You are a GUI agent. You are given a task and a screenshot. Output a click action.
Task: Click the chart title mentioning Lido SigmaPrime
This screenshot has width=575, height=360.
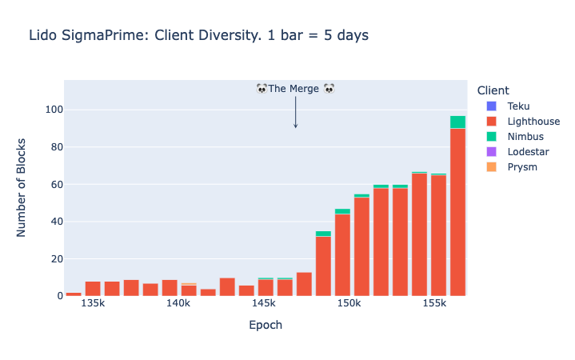[198, 35]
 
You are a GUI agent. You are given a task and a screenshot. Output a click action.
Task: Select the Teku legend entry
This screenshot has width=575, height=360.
[518, 106]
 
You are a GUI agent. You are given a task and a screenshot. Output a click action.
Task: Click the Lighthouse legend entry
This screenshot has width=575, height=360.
[533, 122]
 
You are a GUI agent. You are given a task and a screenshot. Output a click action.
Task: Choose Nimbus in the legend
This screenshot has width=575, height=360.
[525, 137]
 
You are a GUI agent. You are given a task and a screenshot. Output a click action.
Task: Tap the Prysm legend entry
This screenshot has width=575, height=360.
[522, 167]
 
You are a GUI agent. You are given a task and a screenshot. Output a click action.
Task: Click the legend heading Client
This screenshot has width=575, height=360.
[492, 90]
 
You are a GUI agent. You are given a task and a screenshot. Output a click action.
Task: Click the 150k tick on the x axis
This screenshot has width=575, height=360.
[349, 305]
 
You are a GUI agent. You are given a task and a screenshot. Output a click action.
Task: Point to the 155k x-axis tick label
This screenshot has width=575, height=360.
[434, 305]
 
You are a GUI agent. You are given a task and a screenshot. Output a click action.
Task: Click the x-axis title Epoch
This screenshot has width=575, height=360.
[266, 326]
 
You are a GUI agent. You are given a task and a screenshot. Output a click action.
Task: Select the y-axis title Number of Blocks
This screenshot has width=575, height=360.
[22, 187]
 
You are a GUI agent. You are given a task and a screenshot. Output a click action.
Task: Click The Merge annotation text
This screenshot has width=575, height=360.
[294, 89]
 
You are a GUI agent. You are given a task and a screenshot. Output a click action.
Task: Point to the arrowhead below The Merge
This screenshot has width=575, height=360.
[296, 126]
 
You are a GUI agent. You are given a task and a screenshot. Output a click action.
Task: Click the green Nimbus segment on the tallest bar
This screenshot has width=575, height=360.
[457, 122]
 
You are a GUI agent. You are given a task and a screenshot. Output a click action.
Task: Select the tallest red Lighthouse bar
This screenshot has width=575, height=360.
[457, 212]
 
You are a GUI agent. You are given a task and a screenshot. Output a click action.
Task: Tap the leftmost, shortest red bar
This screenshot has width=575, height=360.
[74, 294]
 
